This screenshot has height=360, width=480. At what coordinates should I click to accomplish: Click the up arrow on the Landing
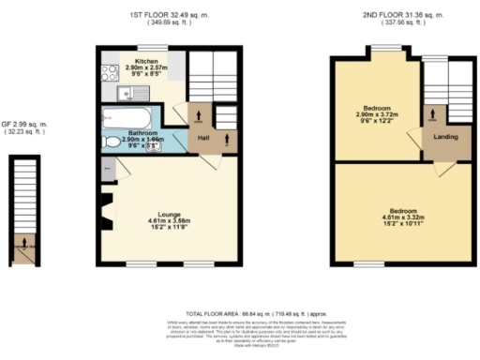[x=432, y=117]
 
